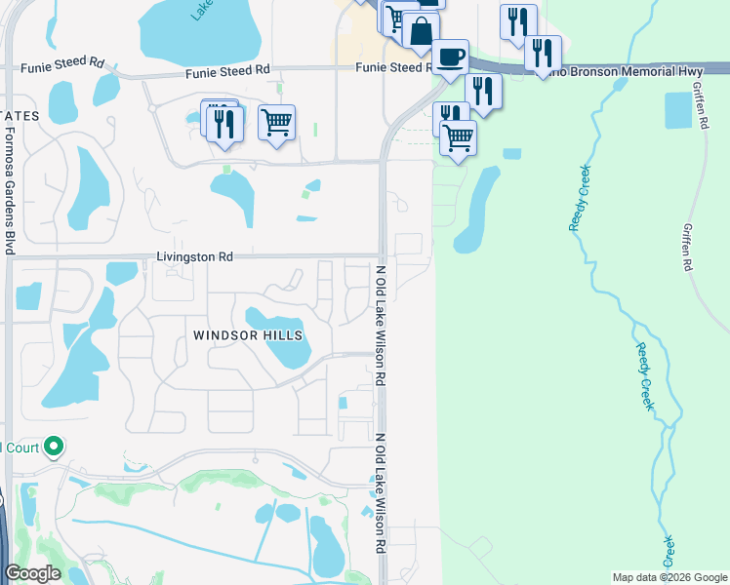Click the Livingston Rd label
(194, 257)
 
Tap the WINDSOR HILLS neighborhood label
(248, 335)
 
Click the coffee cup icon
(451, 56)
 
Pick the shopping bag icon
(421, 30)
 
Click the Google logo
(32, 573)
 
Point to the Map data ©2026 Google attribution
(669, 577)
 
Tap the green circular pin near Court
(54, 448)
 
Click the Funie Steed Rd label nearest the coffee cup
(392, 67)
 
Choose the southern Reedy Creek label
(643, 376)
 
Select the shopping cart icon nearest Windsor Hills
(276, 123)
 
